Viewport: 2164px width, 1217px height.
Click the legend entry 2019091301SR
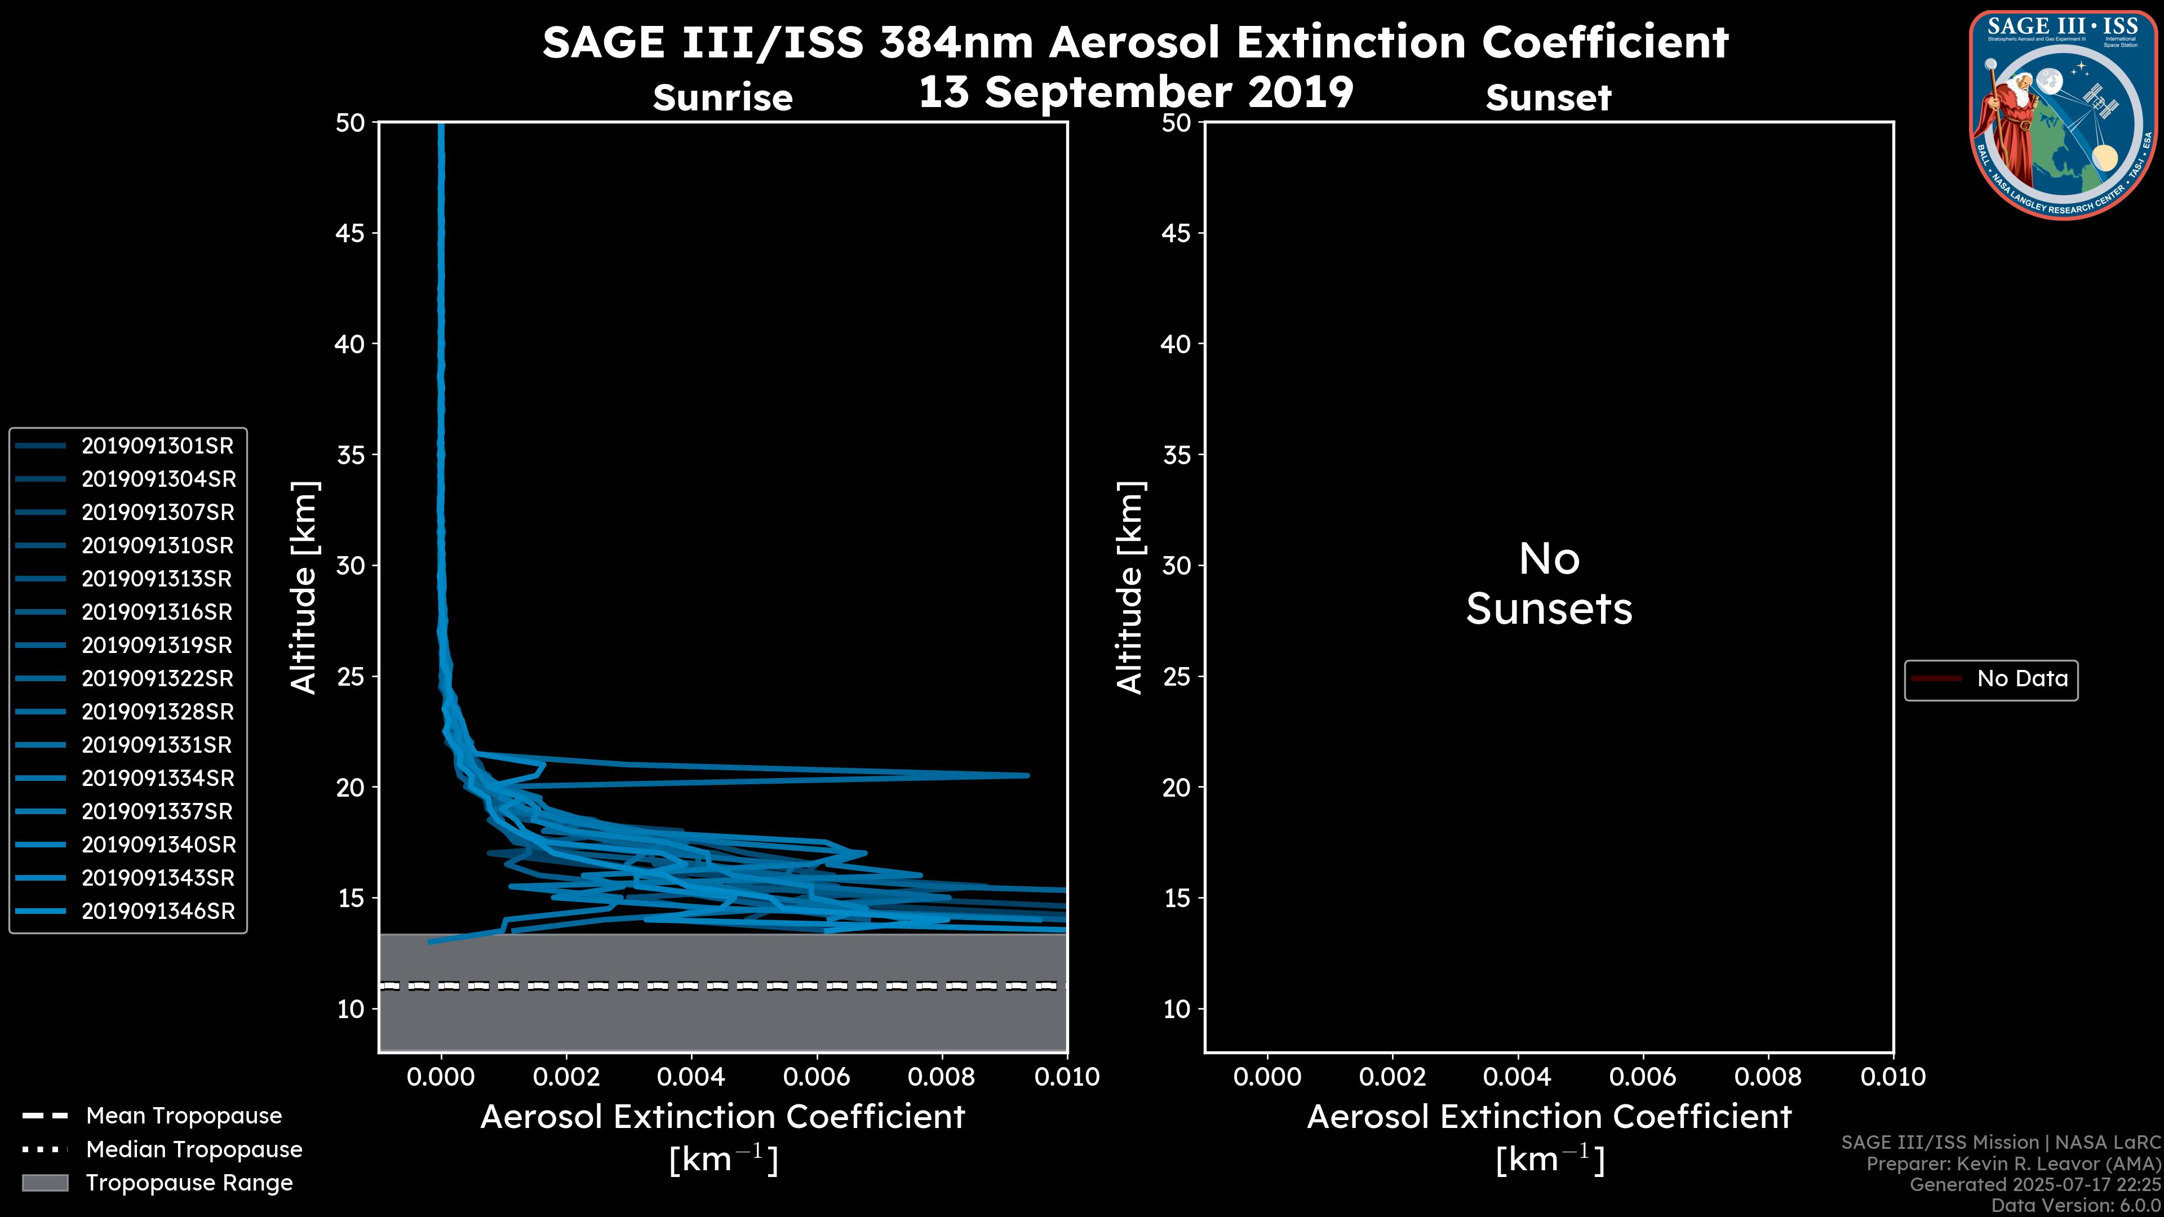click(x=157, y=446)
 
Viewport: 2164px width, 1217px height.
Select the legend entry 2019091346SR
click(x=158, y=911)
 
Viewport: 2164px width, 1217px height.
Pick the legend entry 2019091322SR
click(x=157, y=678)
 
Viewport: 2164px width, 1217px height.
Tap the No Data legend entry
click(x=2021, y=678)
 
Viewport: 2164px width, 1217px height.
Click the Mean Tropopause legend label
click(x=184, y=1116)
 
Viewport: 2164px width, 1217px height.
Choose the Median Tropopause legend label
click(x=194, y=1150)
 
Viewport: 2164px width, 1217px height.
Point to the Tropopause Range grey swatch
click(x=45, y=1183)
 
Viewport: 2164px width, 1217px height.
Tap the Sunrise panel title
click(x=722, y=98)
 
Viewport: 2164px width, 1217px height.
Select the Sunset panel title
click(x=1548, y=98)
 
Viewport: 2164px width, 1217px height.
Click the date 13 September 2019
click(x=1136, y=92)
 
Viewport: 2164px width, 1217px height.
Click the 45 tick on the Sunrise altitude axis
click(x=351, y=233)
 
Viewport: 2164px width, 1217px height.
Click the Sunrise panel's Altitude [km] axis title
click(x=303, y=587)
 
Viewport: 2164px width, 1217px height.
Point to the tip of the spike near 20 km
click(x=1027, y=775)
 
